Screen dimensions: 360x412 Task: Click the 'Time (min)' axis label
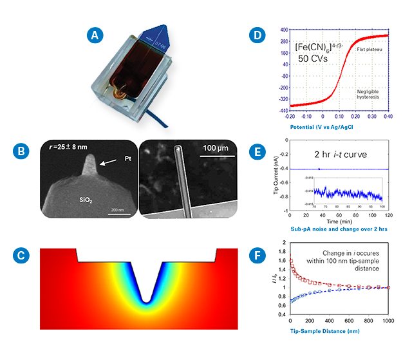(x=339, y=221)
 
